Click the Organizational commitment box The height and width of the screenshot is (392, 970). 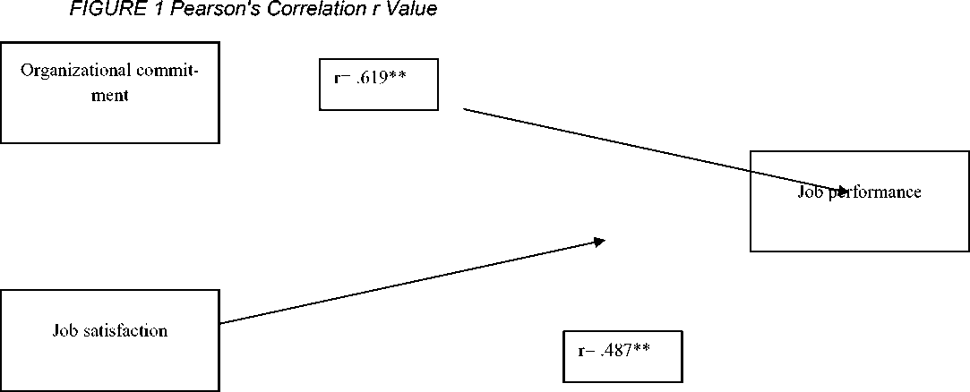pyautogui.click(x=109, y=92)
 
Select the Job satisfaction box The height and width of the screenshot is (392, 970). pyautogui.click(x=109, y=340)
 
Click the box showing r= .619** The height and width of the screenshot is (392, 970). pyautogui.click(x=378, y=84)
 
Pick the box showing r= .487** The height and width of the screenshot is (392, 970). pyautogui.click(x=622, y=356)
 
